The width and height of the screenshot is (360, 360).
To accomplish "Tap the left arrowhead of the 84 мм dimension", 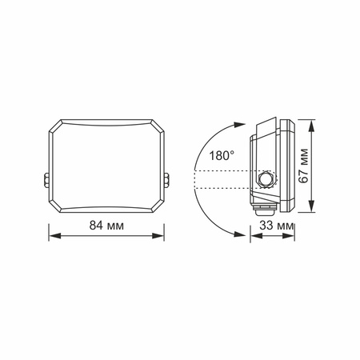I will point(52,235).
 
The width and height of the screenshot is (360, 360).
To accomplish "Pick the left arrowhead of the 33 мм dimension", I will point(254,235).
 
